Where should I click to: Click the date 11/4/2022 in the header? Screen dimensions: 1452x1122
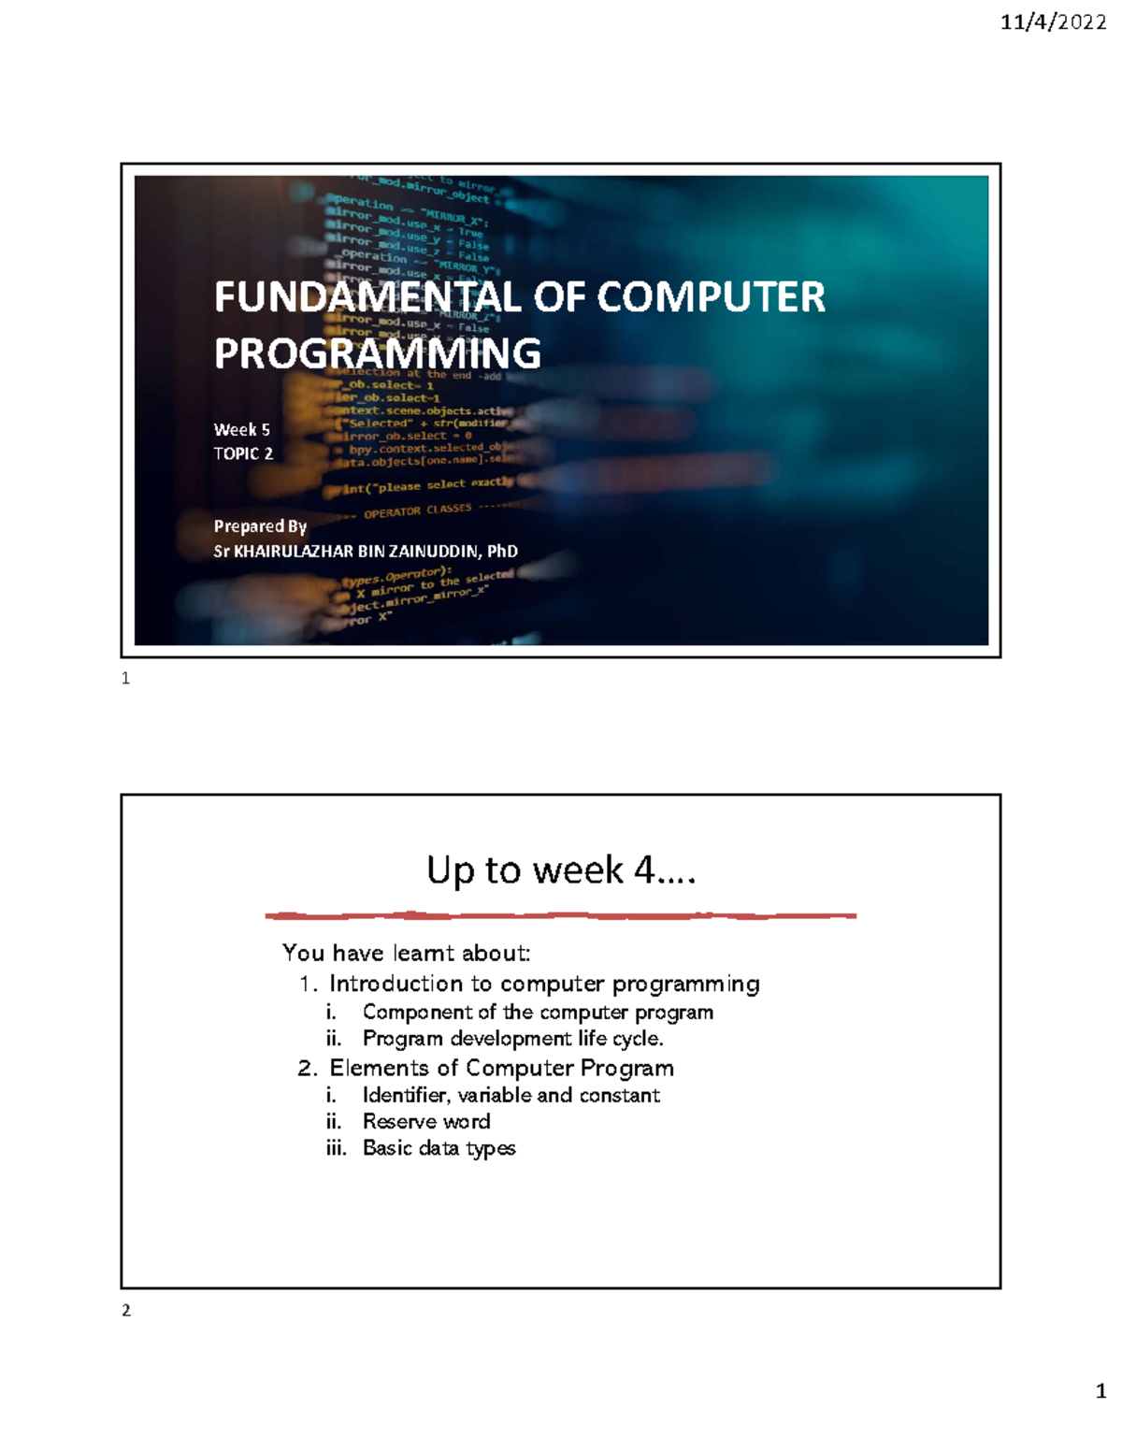click(x=1053, y=22)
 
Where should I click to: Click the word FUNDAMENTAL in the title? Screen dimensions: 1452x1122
click(x=367, y=297)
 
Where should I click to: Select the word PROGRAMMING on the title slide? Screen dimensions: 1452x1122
click(x=377, y=353)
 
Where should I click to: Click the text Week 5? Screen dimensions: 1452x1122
click(x=241, y=430)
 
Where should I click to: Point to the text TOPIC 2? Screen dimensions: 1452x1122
click(x=243, y=453)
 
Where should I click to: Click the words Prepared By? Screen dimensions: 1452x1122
click(x=260, y=526)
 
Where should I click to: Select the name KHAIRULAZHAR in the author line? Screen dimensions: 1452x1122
click(x=294, y=552)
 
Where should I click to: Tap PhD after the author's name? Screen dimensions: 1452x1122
click(x=502, y=552)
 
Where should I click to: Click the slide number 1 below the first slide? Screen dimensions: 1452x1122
click(x=126, y=679)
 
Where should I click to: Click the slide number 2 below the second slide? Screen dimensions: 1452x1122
click(x=126, y=1311)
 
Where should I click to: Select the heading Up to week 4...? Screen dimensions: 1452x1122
click(x=561, y=870)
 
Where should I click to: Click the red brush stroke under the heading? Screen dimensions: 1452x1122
click(x=561, y=915)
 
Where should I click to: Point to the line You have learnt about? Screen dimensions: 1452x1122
click(x=406, y=953)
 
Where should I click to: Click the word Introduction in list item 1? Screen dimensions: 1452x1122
click(x=396, y=984)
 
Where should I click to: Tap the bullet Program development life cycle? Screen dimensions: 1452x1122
click(x=512, y=1039)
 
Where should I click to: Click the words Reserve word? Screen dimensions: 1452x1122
click(x=426, y=1121)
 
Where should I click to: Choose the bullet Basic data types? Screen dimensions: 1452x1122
click(x=439, y=1148)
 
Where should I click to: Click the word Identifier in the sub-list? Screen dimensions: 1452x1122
click(x=405, y=1095)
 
